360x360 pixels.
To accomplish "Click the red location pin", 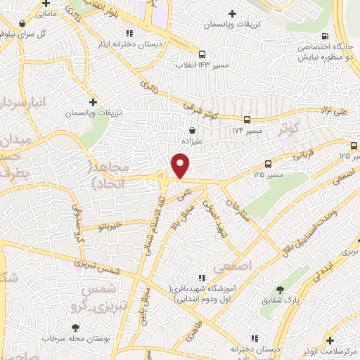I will click(x=181, y=166).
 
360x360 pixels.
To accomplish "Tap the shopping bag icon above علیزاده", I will click(x=193, y=129).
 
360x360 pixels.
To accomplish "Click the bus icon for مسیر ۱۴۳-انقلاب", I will click(x=202, y=53).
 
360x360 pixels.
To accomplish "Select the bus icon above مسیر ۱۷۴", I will click(x=247, y=120).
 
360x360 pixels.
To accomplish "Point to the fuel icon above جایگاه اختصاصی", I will click(x=324, y=37).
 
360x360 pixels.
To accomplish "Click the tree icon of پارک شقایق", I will click(x=280, y=290).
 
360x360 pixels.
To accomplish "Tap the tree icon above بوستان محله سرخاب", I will click(x=75, y=327).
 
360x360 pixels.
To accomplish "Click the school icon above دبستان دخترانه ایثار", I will click(x=128, y=32).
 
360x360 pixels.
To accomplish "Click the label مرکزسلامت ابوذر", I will click(x=333, y=351).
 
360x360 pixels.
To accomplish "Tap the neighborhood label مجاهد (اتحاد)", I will click(x=110, y=172).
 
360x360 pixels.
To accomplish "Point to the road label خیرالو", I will click(x=111, y=226).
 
